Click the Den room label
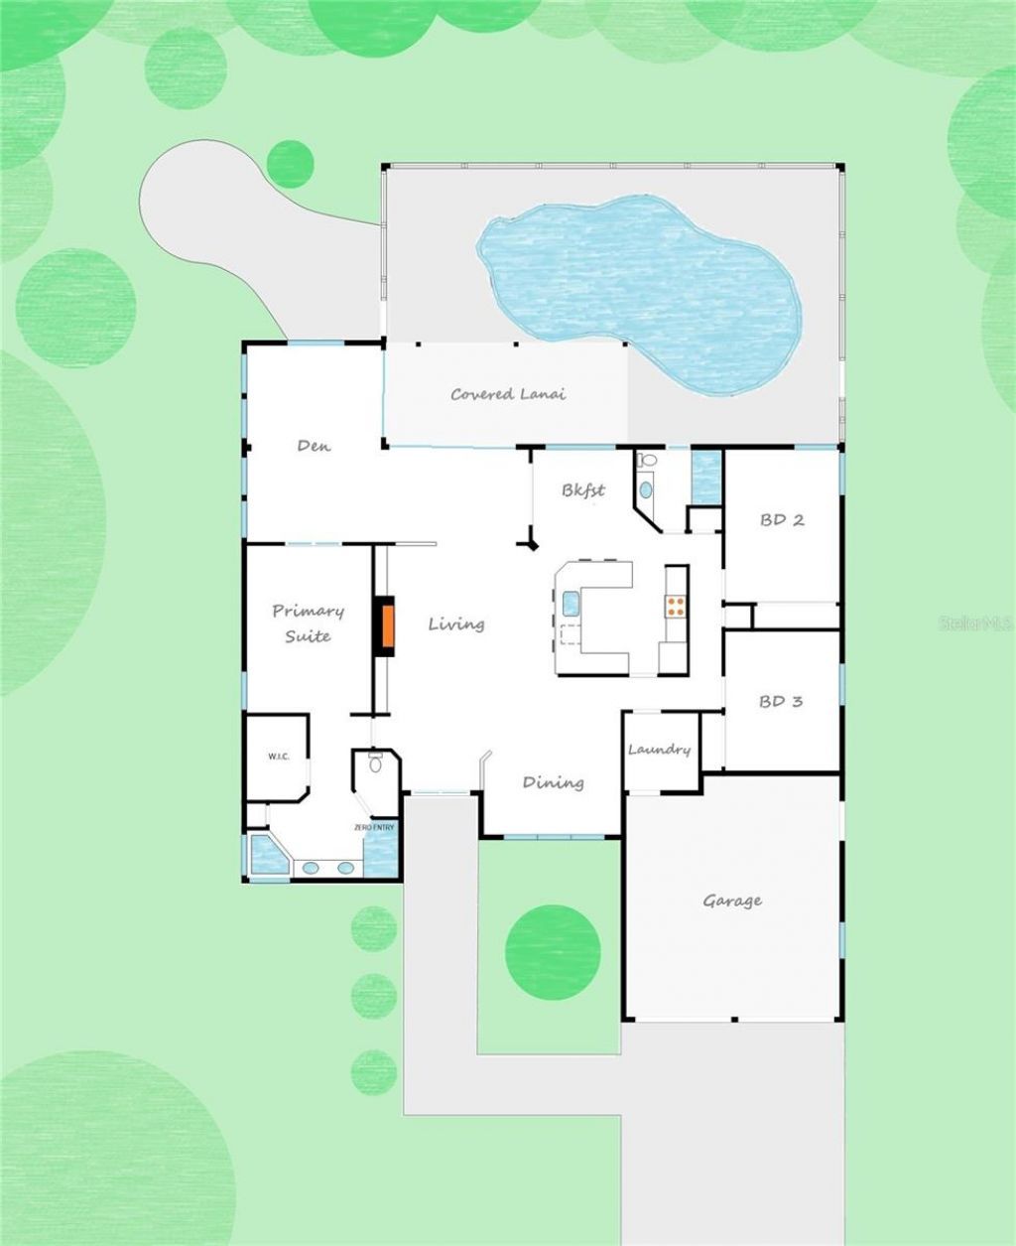[315, 446]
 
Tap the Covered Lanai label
[508, 394]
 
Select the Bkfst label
[583, 489]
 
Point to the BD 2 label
[782, 520]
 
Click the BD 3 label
[781, 701]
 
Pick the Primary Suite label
[308, 623]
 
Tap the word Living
[456, 624]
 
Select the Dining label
[554, 782]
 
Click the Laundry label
[659, 750]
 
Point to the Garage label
[732, 900]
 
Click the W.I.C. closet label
[279, 757]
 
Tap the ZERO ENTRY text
[374, 828]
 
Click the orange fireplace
[388, 625]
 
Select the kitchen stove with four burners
[676, 607]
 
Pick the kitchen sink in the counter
[571, 604]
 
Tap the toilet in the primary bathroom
[375, 762]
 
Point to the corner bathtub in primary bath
[269, 854]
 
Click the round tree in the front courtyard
[554, 952]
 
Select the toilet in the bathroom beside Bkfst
[648, 460]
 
